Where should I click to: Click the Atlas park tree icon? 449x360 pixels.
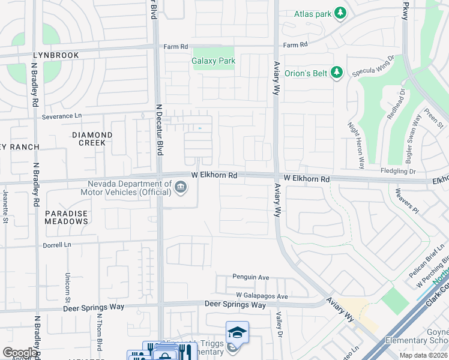pos(340,13)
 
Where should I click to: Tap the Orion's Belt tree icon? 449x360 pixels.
pos(336,72)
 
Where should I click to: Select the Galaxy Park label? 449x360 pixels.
pos(213,61)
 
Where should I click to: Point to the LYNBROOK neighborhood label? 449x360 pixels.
pos(56,55)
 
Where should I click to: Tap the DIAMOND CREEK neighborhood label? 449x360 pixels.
pos(92,139)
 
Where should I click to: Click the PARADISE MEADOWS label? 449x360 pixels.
pos(66,217)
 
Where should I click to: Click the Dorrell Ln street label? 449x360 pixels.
pos(56,245)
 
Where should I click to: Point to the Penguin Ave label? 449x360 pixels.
pos(251,277)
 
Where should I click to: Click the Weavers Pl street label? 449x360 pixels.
pos(406,201)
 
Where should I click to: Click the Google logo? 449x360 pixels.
pos(20,353)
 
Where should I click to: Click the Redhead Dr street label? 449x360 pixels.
pos(396,104)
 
